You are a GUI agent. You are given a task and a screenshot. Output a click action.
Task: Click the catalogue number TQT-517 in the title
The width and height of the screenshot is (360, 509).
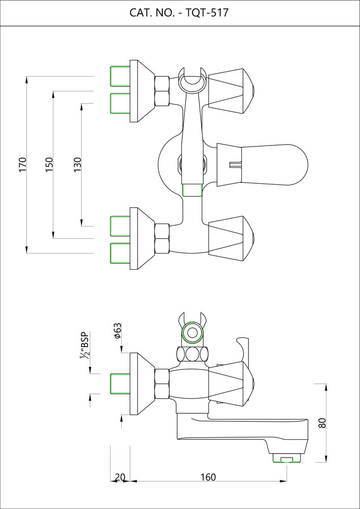[207, 13]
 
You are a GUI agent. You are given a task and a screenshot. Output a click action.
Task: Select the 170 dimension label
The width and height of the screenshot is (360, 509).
[22, 164]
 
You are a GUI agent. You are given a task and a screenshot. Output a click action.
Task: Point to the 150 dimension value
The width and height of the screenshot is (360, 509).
[49, 164]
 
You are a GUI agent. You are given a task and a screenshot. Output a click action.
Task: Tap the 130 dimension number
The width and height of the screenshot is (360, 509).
[77, 164]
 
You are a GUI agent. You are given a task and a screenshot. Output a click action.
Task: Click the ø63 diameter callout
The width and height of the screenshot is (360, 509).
[118, 331]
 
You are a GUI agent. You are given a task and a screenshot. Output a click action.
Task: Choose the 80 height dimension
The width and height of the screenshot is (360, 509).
[322, 422]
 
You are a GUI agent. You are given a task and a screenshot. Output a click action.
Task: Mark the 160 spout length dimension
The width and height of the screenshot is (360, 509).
[208, 477]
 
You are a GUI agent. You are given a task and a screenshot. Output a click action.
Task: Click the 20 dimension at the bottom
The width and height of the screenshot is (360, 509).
[120, 477]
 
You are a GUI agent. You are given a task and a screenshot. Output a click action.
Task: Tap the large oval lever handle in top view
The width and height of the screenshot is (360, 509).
[262, 165]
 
